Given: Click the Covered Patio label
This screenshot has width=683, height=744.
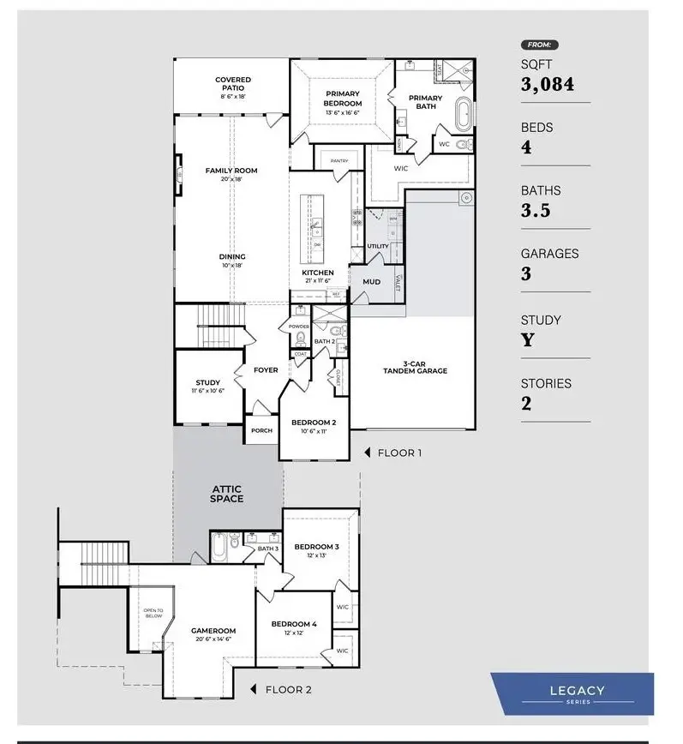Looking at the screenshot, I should [233, 84].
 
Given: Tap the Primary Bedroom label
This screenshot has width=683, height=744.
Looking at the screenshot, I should [343, 99].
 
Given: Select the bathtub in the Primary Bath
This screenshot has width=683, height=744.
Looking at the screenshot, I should [463, 112].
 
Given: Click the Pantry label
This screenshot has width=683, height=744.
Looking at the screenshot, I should [339, 160].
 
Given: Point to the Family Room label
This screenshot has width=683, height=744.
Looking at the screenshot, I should [231, 171].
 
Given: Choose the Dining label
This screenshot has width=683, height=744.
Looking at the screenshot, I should [232, 256].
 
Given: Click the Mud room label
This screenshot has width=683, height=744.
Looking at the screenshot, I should [372, 281].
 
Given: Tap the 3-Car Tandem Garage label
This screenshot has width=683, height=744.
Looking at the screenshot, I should [415, 367].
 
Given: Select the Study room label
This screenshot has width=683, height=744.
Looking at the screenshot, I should [207, 383].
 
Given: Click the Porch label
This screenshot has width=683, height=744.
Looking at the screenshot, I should [261, 430].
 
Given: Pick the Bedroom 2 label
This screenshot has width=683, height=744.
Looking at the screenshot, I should [314, 423].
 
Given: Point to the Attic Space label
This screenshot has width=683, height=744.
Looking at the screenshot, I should [227, 494].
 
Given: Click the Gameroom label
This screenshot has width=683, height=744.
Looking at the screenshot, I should [213, 630].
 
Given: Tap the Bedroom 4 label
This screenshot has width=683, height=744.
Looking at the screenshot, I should [294, 624].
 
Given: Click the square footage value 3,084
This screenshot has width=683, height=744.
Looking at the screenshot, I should [548, 84].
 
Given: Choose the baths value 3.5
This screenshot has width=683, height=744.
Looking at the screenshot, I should [536, 211].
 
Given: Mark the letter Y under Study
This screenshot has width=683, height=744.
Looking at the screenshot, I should [528, 340].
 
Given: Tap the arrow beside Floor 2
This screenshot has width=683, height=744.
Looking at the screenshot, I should [253, 689].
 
